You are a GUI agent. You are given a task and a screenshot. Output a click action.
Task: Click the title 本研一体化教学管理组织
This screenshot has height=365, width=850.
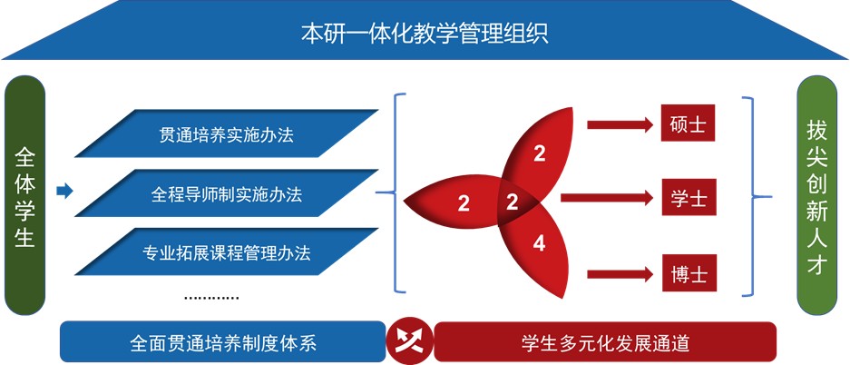pyautogui.click(x=425, y=35)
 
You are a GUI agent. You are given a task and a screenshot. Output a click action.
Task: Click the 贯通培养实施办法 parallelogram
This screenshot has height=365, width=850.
pyautogui.click(x=226, y=135)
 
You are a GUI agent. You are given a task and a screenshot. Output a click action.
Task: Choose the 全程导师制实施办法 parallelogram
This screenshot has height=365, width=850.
pyautogui.click(x=226, y=194)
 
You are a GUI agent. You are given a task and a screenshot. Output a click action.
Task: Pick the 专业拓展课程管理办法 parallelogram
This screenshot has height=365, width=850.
pyautogui.click(x=226, y=252)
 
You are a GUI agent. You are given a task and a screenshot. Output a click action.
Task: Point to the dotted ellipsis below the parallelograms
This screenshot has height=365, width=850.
pyautogui.click(x=210, y=297)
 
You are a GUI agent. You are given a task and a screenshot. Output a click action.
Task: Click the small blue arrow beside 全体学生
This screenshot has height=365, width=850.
pyautogui.click(x=64, y=191)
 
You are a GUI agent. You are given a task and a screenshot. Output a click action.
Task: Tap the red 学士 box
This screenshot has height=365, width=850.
pyautogui.click(x=689, y=196)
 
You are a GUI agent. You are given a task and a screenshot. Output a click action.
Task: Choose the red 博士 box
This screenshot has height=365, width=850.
pyautogui.click(x=689, y=273)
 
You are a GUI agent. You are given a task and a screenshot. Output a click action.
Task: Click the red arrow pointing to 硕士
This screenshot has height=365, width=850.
pyautogui.click(x=619, y=123)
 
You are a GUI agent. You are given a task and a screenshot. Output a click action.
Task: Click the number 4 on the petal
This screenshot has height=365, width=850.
pyautogui.click(x=539, y=243)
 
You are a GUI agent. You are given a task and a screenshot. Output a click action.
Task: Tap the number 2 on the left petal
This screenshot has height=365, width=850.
pyautogui.click(x=464, y=202)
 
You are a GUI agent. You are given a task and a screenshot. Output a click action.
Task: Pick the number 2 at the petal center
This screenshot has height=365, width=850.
pyautogui.click(x=512, y=202)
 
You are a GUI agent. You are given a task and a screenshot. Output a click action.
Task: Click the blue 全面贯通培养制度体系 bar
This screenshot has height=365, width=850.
pyautogui.click(x=222, y=343)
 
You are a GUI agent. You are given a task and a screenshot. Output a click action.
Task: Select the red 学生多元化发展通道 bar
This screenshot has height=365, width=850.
pyautogui.click(x=605, y=343)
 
